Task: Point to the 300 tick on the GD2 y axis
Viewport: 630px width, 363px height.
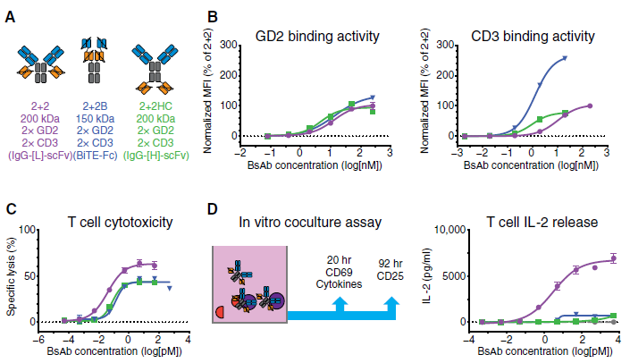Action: [x=231, y=44]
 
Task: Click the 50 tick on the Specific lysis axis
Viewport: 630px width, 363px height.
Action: [x=29, y=274]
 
